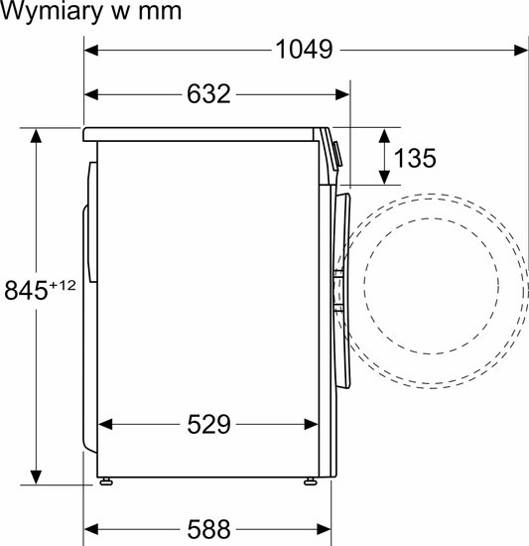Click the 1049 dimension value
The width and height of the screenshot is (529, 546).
[304, 50]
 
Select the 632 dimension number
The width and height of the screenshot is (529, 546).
[208, 94]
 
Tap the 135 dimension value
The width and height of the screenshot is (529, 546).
[414, 158]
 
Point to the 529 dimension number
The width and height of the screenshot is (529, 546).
[208, 424]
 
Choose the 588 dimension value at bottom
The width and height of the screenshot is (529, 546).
[208, 530]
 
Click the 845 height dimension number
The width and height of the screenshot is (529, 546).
[26, 290]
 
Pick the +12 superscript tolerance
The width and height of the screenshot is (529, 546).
[63, 286]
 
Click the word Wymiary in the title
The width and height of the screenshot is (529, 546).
[52, 12]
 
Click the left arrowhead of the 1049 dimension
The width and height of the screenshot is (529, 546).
[91, 51]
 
